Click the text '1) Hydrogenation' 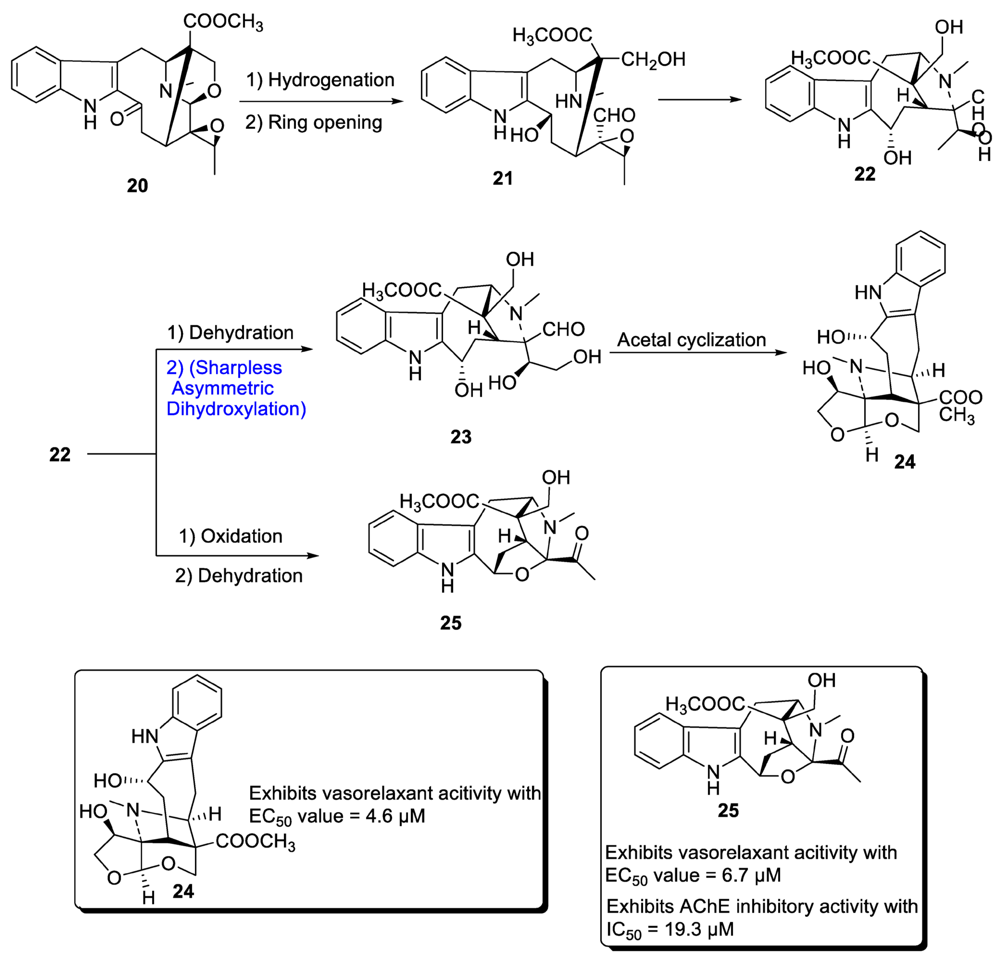(x=320, y=80)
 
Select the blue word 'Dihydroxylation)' (x=236, y=409)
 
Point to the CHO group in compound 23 (x=563, y=329)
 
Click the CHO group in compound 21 (x=614, y=115)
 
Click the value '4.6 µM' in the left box (x=395, y=816)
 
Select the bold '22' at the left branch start (x=60, y=455)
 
